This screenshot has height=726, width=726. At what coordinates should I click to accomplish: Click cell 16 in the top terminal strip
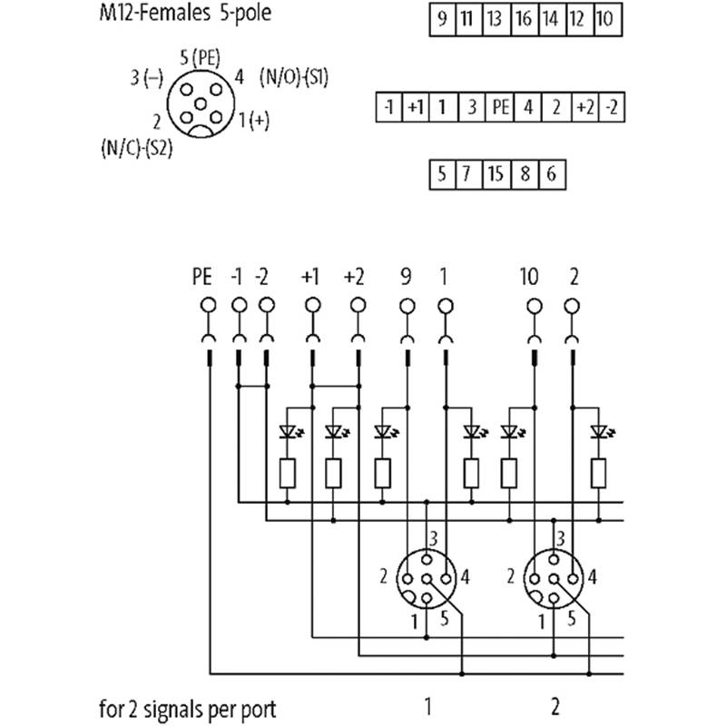click(x=525, y=19)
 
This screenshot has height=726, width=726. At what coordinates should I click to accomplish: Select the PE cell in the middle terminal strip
click(x=500, y=107)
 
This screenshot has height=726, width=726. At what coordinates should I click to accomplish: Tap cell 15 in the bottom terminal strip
click(x=496, y=174)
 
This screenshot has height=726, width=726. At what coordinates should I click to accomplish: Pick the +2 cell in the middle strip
click(x=585, y=107)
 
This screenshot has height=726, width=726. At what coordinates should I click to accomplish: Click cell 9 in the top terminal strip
click(x=443, y=19)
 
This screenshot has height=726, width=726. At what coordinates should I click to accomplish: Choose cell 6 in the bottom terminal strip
click(x=553, y=174)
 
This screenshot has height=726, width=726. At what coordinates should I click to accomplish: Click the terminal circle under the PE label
click(x=209, y=306)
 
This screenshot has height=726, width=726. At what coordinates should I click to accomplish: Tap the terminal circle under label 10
click(x=535, y=306)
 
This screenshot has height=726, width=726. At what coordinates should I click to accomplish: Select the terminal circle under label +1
click(x=313, y=306)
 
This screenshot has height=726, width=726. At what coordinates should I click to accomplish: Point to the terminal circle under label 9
click(x=407, y=306)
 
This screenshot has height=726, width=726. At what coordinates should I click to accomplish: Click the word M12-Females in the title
click(x=152, y=13)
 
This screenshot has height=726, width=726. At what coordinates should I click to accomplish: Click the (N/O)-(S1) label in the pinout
click(x=294, y=77)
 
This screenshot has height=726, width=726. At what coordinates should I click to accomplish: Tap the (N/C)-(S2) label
click(x=137, y=149)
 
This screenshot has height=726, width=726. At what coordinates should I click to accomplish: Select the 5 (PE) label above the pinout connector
click(x=200, y=59)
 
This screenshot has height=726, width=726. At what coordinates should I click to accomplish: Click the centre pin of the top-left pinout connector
click(x=201, y=104)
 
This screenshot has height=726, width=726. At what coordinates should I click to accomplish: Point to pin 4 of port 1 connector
click(x=446, y=579)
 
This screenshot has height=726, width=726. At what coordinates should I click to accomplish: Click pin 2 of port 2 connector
click(x=535, y=579)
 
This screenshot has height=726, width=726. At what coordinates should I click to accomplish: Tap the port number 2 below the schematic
click(x=555, y=707)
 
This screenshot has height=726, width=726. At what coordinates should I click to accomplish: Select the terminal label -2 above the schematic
click(x=261, y=277)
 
